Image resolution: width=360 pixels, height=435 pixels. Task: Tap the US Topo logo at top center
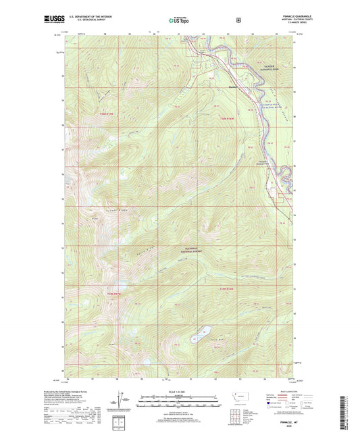point(178,21)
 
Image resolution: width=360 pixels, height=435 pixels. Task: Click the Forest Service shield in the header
point(238,20)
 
